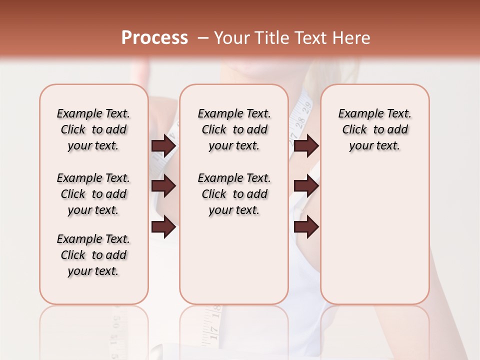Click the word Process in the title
pos(154,38)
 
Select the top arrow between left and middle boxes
pos(163,146)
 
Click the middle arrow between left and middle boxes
pos(163,186)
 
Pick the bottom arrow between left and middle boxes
pos(163,227)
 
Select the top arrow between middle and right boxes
pos(306,146)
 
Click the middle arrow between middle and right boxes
pos(306,186)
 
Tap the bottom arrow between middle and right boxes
pos(306,227)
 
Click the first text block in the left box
pos(93,129)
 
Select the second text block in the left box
pos(93,194)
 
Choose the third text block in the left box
pos(93,255)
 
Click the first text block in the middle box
pos(234,129)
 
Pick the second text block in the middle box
pos(234,194)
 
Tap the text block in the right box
pos(374,129)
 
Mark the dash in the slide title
pos(203,38)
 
